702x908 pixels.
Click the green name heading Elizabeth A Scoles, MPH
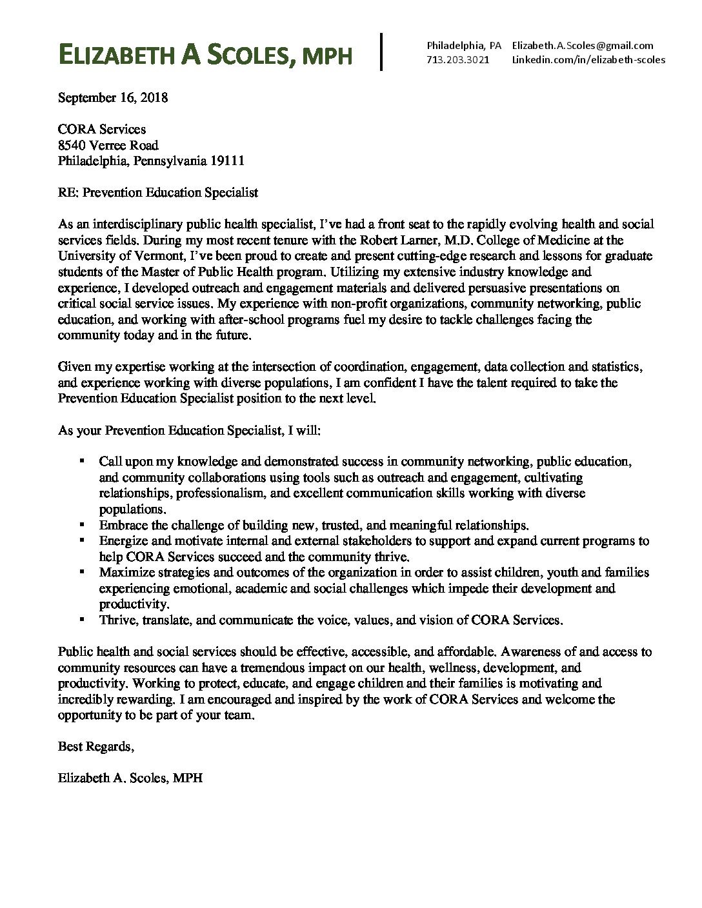coord(205,55)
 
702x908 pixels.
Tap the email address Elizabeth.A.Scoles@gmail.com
coord(582,45)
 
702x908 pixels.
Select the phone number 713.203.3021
coord(457,59)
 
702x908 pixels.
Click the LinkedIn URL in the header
coord(588,59)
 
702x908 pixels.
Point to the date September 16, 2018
coord(113,98)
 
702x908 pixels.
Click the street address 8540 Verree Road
coord(108,145)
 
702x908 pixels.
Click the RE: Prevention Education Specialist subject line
coord(157,192)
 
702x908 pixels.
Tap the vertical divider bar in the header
coord(383,52)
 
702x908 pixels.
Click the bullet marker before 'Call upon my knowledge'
coord(81,461)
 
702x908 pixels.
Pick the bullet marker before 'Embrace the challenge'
coord(81,524)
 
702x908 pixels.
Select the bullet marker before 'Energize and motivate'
coord(81,540)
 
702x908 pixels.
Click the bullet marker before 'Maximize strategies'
coord(81,571)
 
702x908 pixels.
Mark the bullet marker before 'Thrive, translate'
coord(81,619)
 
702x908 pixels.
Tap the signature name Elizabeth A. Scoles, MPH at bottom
coord(130,778)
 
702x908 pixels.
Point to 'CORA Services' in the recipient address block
coord(102,130)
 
